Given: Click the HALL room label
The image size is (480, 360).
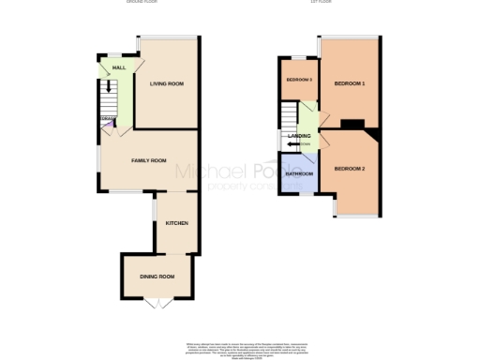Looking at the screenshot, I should [x=119, y=67].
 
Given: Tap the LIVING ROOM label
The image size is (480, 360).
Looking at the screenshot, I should [x=166, y=84].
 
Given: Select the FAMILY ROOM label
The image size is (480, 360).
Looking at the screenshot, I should [x=148, y=161].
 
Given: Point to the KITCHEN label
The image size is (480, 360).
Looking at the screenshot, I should [x=177, y=223].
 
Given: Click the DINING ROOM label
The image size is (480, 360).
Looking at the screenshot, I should [x=157, y=277].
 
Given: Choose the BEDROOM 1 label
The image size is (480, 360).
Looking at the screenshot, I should [x=349, y=84].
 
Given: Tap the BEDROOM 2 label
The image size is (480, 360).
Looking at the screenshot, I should [x=349, y=168].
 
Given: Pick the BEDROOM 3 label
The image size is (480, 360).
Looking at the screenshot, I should [x=298, y=80].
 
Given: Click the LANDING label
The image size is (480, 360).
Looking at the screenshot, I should [x=299, y=137].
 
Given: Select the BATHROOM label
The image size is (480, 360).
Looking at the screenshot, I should [x=299, y=174].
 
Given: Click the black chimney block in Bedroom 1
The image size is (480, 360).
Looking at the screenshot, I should [x=352, y=123].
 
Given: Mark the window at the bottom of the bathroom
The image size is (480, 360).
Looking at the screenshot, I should [x=298, y=193].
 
